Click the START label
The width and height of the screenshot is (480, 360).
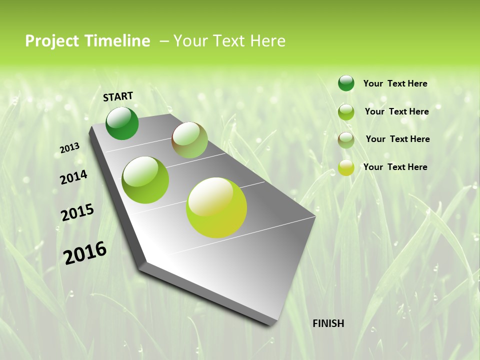[118, 96]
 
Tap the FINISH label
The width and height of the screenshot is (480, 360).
[328, 323]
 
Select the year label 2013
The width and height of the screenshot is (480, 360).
[69, 148]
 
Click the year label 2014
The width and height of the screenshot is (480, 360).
[73, 177]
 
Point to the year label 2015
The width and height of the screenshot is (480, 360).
[77, 212]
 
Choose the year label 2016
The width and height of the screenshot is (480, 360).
[85, 252]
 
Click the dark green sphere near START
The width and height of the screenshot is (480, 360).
[122, 123]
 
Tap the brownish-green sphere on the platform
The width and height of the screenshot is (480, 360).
[189, 140]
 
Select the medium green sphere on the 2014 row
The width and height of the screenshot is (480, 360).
[145, 180]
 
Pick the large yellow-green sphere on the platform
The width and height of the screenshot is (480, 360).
[216, 207]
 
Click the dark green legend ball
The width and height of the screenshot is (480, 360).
[346, 83]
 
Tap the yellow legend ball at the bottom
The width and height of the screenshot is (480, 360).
[346, 167]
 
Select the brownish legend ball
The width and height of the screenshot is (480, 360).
[346, 140]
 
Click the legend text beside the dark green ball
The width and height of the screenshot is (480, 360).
[395, 83]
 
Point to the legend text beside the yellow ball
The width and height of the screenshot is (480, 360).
[395, 167]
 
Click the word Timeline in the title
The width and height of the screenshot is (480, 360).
[118, 41]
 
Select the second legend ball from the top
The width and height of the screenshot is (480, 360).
[346, 112]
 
